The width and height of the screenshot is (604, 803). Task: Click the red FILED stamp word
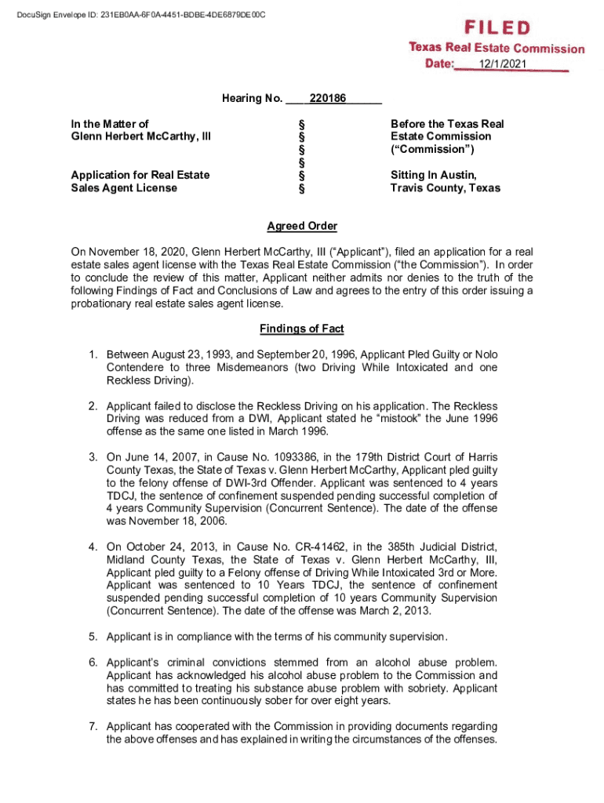coord(496,28)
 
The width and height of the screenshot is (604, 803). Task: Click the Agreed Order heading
coord(302,227)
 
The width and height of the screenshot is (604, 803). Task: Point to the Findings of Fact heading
coord(302,329)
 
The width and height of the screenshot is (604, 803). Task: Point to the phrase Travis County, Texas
coord(446,188)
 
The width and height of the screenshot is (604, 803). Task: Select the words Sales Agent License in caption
coord(124,188)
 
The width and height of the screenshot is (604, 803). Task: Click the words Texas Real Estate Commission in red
coord(497,48)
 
